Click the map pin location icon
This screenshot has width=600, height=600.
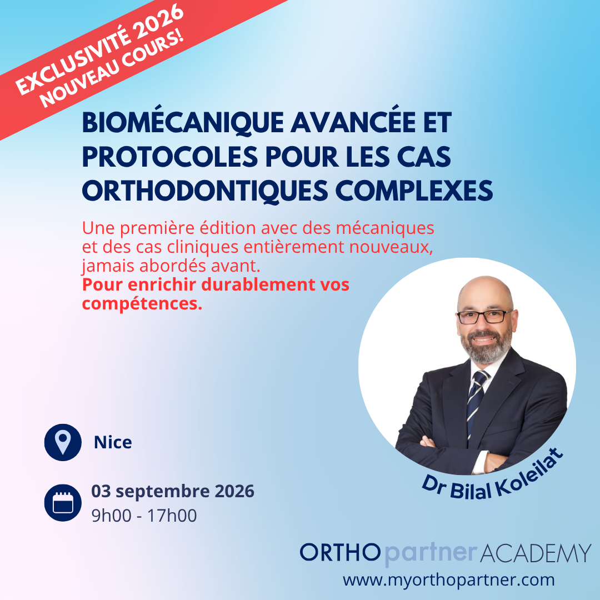[x=63, y=442]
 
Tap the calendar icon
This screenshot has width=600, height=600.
[x=63, y=502]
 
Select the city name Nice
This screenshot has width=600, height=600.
[x=113, y=442]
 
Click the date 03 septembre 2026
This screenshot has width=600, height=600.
[x=173, y=491]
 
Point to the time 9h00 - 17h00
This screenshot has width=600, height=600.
[x=144, y=516]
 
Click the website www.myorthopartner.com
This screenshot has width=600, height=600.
[x=448, y=580]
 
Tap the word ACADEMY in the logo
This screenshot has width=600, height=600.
[x=535, y=553]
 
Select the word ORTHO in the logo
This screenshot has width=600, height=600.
[x=340, y=553]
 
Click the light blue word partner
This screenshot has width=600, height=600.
[x=431, y=554]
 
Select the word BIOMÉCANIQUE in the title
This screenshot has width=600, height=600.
[x=183, y=122]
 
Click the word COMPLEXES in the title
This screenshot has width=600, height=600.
[x=414, y=191]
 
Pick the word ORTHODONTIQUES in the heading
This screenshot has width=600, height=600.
[x=205, y=191]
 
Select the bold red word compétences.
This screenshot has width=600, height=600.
[x=142, y=304]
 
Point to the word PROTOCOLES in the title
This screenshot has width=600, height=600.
[x=170, y=157]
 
